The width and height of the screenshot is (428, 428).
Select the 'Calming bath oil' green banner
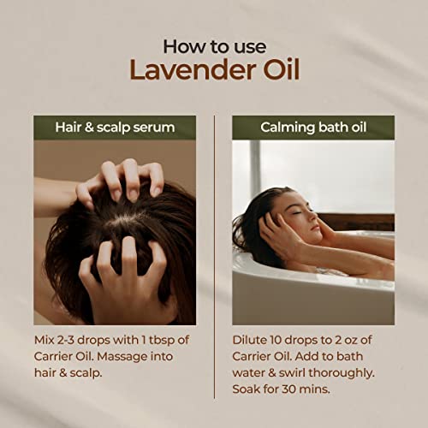pos(312,128)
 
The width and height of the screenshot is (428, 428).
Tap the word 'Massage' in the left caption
pos(135,355)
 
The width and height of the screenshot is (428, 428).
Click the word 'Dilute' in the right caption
pos(251,339)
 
